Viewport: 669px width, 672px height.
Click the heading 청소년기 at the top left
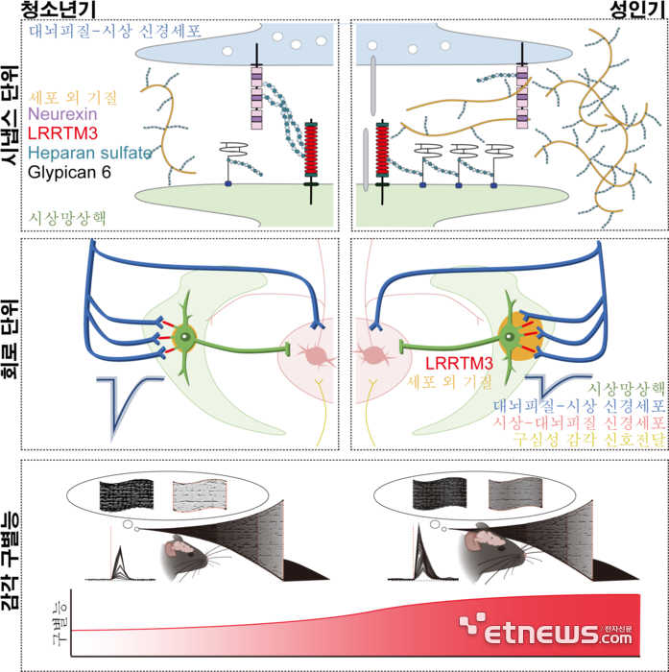59,11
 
